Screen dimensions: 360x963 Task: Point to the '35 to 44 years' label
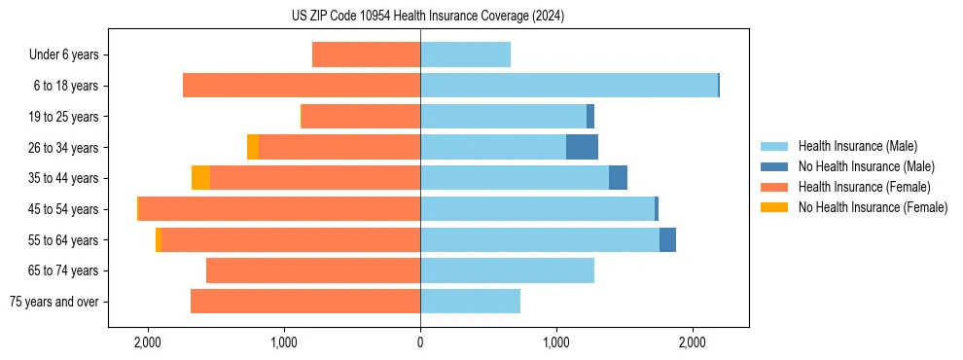pyautogui.click(x=63, y=178)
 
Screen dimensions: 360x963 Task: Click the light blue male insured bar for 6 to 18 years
pyautogui.click(x=569, y=86)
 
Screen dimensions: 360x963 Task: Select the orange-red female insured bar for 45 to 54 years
pyautogui.click(x=280, y=209)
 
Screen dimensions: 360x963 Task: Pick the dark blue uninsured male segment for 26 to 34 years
pyautogui.click(x=582, y=147)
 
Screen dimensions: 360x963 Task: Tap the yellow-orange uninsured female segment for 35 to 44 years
pyautogui.click(x=200, y=178)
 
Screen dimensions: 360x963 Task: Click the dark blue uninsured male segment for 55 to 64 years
pyautogui.click(x=667, y=240)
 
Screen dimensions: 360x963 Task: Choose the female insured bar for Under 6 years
pyautogui.click(x=366, y=54)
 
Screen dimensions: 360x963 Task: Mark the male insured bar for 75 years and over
pyautogui.click(x=470, y=302)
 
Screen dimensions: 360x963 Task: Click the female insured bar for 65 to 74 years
pyautogui.click(x=313, y=270)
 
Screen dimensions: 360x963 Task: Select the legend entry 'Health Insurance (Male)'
pyautogui.click(x=857, y=146)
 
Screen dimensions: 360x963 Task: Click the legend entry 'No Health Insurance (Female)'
pyautogui.click(x=873, y=207)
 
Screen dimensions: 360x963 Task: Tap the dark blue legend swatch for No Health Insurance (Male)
pyautogui.click(x=774, y=166)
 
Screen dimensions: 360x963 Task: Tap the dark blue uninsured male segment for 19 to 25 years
pyautogui.click(x=590, y=117)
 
